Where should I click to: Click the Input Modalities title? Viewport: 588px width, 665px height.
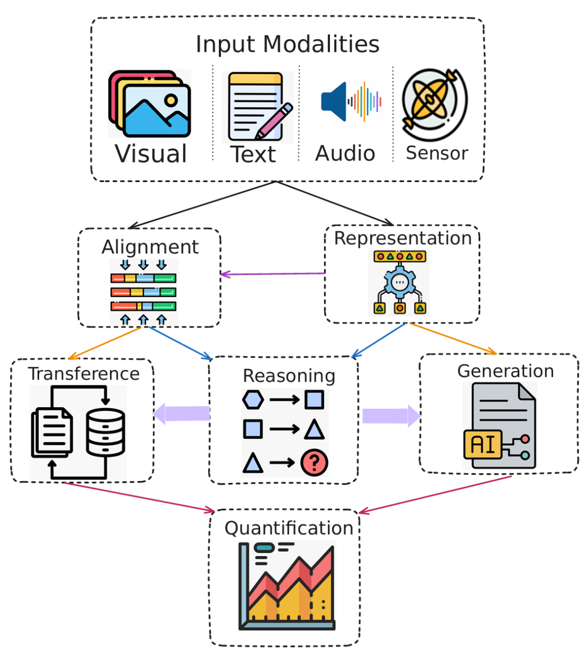pos(287,45)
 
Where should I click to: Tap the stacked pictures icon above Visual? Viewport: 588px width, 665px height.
pos(150,104)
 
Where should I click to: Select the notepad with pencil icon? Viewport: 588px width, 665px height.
pos(258,107)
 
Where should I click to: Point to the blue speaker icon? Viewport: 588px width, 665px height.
pos(334,101)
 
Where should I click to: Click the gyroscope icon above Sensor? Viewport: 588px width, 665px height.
pos(434,104)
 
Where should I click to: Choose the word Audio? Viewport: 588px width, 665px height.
pos(345,154)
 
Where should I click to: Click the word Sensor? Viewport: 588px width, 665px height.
pos(437,154)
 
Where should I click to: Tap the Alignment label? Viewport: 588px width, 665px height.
pos(150,247)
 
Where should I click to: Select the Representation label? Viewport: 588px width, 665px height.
pos(402,238)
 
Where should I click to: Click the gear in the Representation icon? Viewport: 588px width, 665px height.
pos(400,282)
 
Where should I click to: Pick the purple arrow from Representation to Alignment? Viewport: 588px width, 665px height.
pos(272,274)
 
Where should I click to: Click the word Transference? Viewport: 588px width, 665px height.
pos(84,374)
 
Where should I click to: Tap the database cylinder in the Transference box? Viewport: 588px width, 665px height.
pos(106,432)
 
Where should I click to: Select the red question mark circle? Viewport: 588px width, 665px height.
pos(314,463)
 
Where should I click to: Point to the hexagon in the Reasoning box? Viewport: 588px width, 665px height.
pos(253,400)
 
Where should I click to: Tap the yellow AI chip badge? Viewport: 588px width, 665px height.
pos(482,444)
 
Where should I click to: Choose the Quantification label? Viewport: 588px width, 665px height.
pos(289,528)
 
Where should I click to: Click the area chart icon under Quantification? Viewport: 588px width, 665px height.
pos(287,587)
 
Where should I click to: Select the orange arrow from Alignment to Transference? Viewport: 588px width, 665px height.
pos(105,343)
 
